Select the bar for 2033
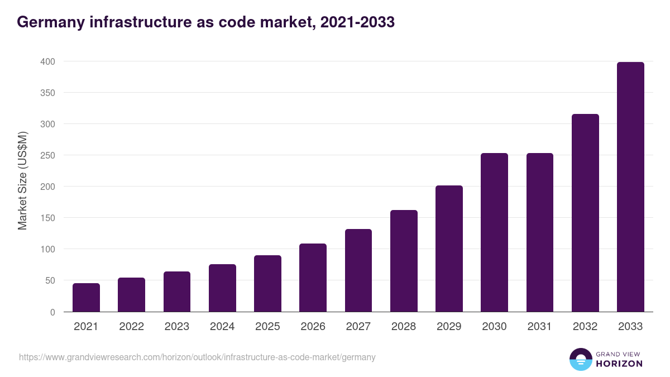(x=630, y=187)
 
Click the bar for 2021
(x=86, y=298)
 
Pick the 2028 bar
(x=404, y=261)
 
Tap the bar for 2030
(x=495, y=232)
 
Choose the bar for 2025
(x=267, y=284)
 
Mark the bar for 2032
(x=585, y=213)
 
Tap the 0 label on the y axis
(x=52, y=312)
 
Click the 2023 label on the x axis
(x=177, y=327)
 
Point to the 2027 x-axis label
(x=358, y=327)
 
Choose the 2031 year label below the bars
(x=540, y=327)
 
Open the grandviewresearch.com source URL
(x=197, y=357)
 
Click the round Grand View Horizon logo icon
(x=580, y=359)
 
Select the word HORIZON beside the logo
(x=619, y=364)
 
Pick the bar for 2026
(x=313, y=278)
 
